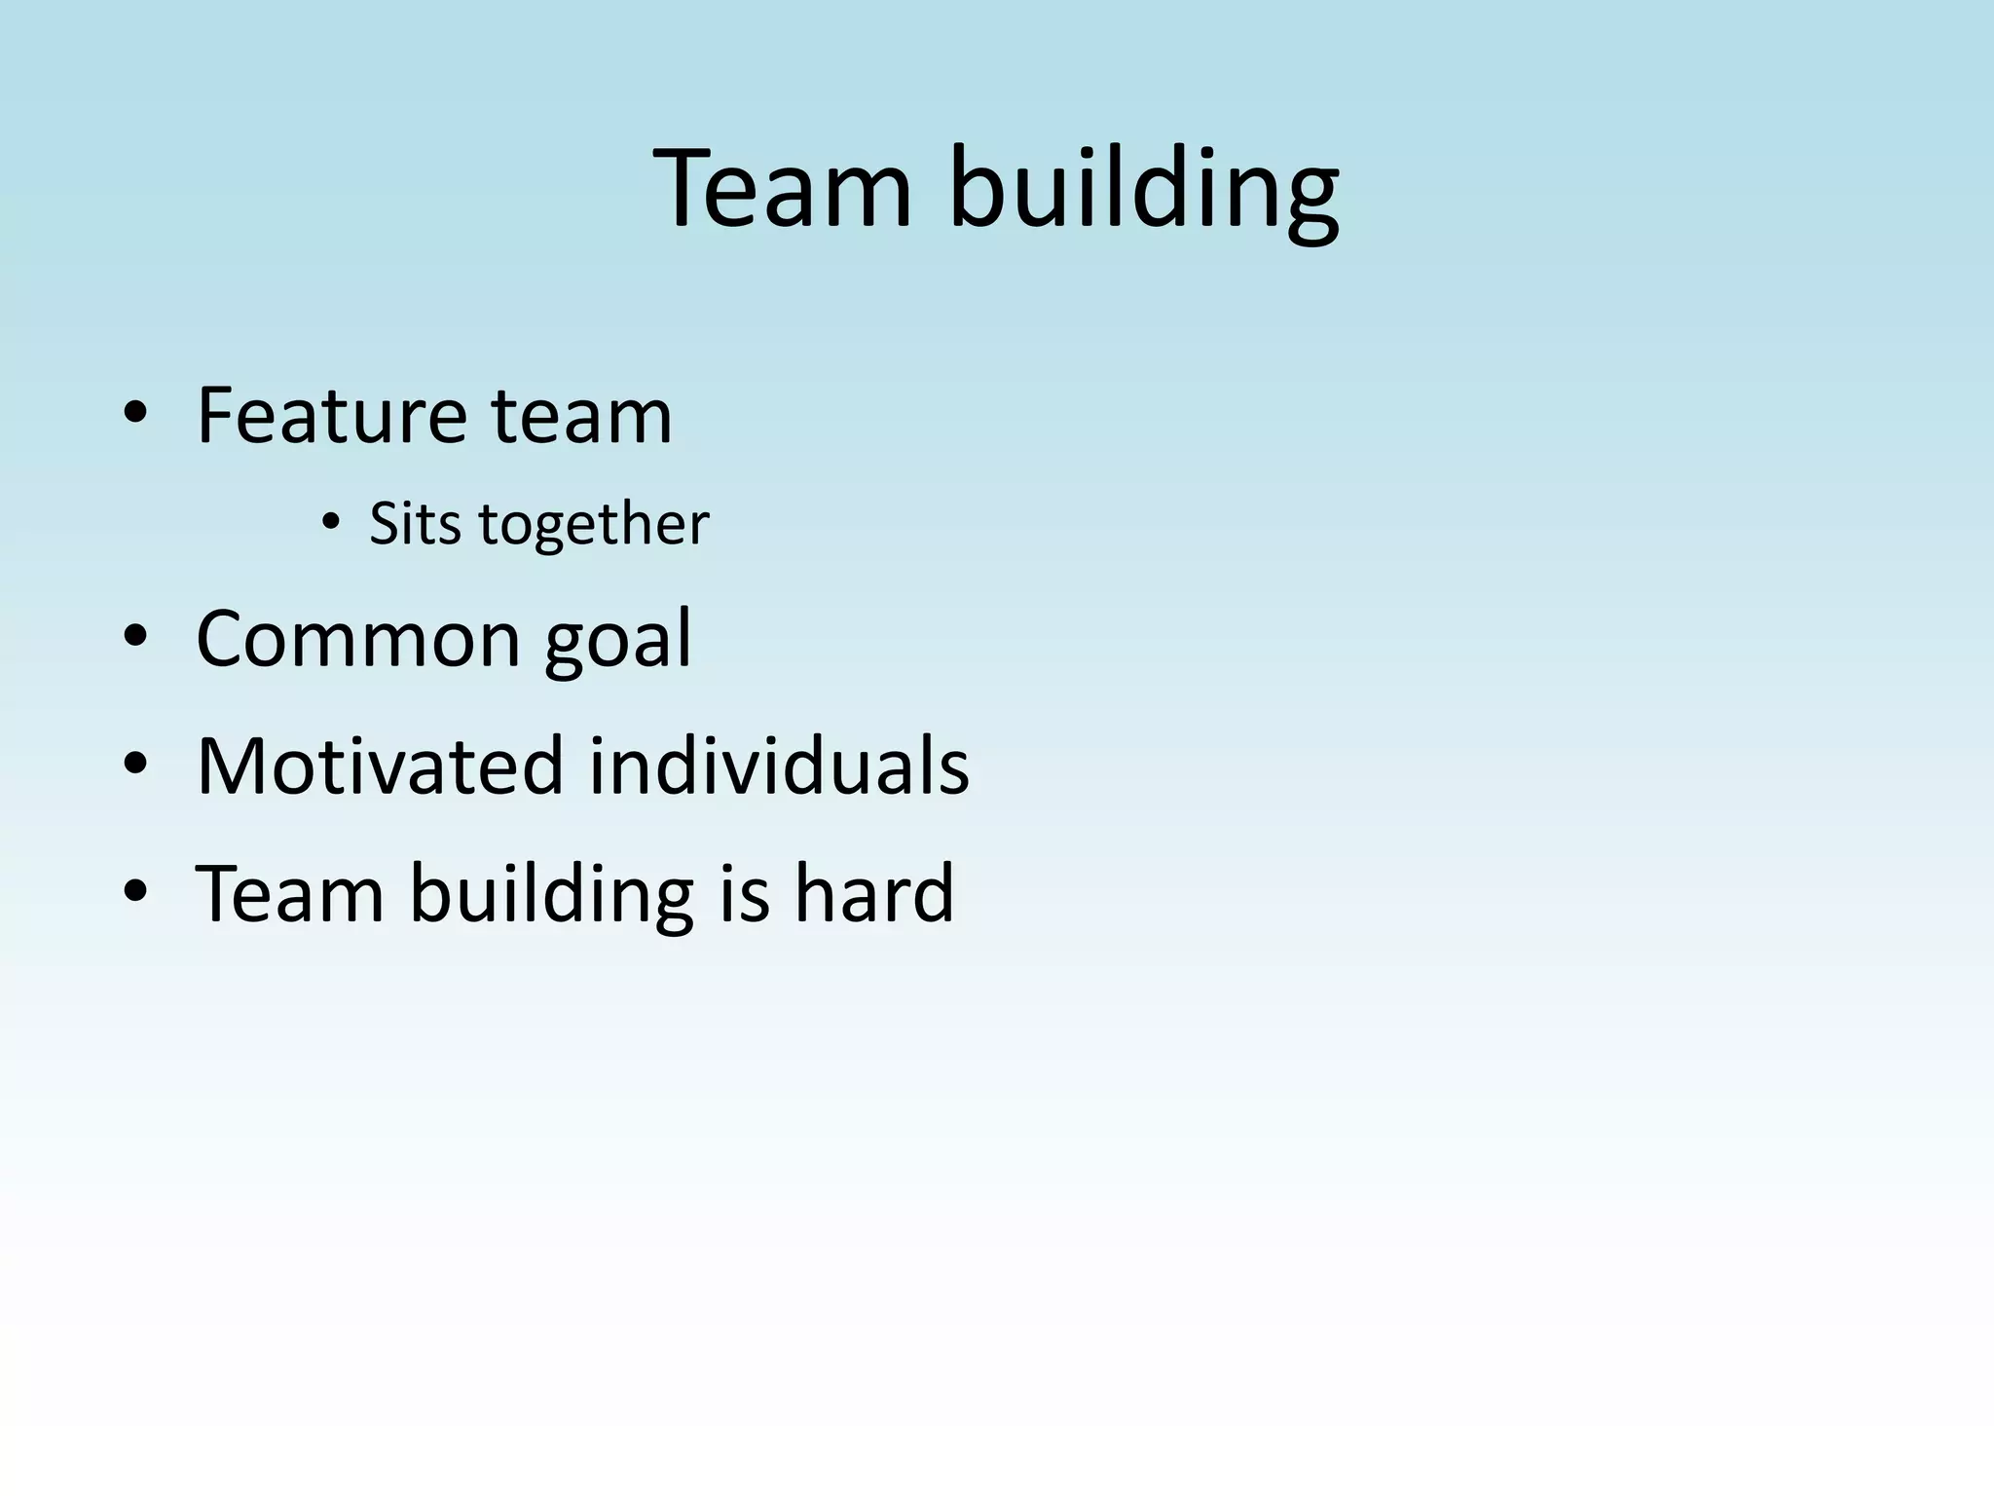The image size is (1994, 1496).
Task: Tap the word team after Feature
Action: point(581,416)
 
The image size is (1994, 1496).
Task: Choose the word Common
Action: point(358,639)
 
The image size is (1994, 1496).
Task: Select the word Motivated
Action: point(381,767)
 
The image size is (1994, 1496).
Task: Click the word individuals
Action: point(779,767)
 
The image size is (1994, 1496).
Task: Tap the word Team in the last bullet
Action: point(290,893)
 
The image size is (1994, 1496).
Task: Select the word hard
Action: point(873,893)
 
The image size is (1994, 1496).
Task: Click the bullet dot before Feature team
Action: point(135,417)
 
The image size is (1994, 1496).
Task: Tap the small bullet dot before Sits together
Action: point(331,525)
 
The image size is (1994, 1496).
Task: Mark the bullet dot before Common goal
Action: point(135,640)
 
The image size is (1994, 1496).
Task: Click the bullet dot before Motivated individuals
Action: point(135,767)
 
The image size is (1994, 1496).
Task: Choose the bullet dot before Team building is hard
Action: point(135,893)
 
